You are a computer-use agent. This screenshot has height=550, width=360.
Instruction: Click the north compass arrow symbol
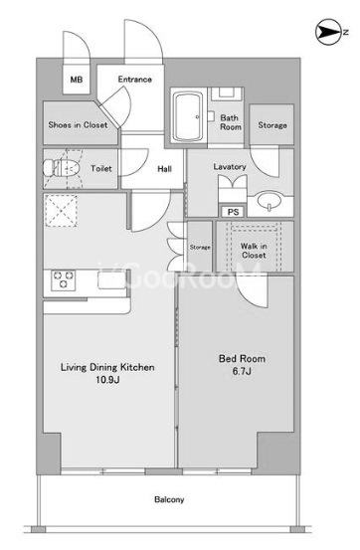click(x=330, y=32)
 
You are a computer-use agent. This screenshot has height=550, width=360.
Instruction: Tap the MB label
click(x=77, y=80)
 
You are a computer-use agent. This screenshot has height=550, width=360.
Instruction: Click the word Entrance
click(x=134, y=80)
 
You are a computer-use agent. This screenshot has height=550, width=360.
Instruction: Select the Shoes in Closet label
click(x=78, y=124)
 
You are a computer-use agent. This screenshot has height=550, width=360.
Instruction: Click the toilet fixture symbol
click(x=62, y=169)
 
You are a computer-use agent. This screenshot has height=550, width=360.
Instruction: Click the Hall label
click(x=164, y=169)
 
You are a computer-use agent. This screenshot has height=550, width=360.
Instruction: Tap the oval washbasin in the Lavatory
click(x=270, y=201)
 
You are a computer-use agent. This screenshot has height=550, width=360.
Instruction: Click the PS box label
click(x=234, y=212)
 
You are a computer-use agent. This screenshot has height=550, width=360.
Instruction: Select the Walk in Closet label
click(x=254, y=251)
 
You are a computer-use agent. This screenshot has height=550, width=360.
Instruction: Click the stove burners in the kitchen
click(x=64, y=280)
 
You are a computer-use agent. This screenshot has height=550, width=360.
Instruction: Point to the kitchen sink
click(x=111, y=280)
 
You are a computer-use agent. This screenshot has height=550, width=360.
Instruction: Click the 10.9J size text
click(x=108, y=379)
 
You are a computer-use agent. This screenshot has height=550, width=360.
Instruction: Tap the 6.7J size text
click(x=242, y=371)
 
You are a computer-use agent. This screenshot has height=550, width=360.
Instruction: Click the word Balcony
click(x=169, y=499)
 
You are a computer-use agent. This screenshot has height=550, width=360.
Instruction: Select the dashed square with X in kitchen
click(x=61, y=211)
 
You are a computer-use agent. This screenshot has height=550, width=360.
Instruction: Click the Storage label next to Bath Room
click(x=272, y=125)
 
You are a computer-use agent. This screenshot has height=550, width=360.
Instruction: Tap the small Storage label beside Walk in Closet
click(x=200, y=248)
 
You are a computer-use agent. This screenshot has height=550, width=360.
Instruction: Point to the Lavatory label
click(x=230, y=167)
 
